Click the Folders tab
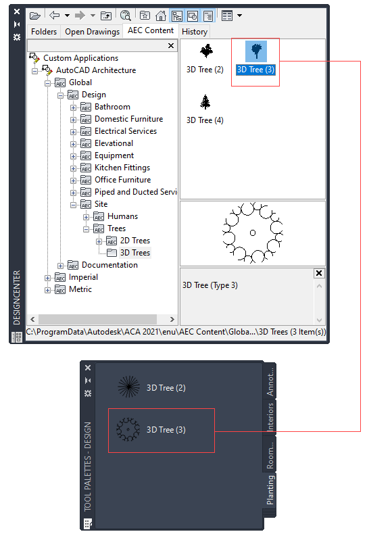[x=44, y=32]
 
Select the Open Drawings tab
[x=92, y=32]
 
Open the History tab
[x=195, y=32]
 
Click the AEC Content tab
[x=151, y=30]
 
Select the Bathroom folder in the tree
[x=112, y=107]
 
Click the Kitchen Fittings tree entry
[x=122, y=168]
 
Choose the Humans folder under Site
[x=122, y=216]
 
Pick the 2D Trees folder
[x=135, y=241]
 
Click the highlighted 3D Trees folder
[x=135, y=253]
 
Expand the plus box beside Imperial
[x=47, y=278]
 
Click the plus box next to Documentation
[x=60, y=266]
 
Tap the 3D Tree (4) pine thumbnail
[x=205, y=102]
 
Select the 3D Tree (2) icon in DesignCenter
[x=206, y=51]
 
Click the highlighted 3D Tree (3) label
[x=255, y=70]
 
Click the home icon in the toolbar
[x=161, y=16]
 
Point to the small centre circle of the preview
[x=253, y=233]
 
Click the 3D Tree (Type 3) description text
[x=210, y=285]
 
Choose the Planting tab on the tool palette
[x=270, y=490]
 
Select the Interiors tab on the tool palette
[x=270, y=416]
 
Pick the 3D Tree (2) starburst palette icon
[x=129, y=387]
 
